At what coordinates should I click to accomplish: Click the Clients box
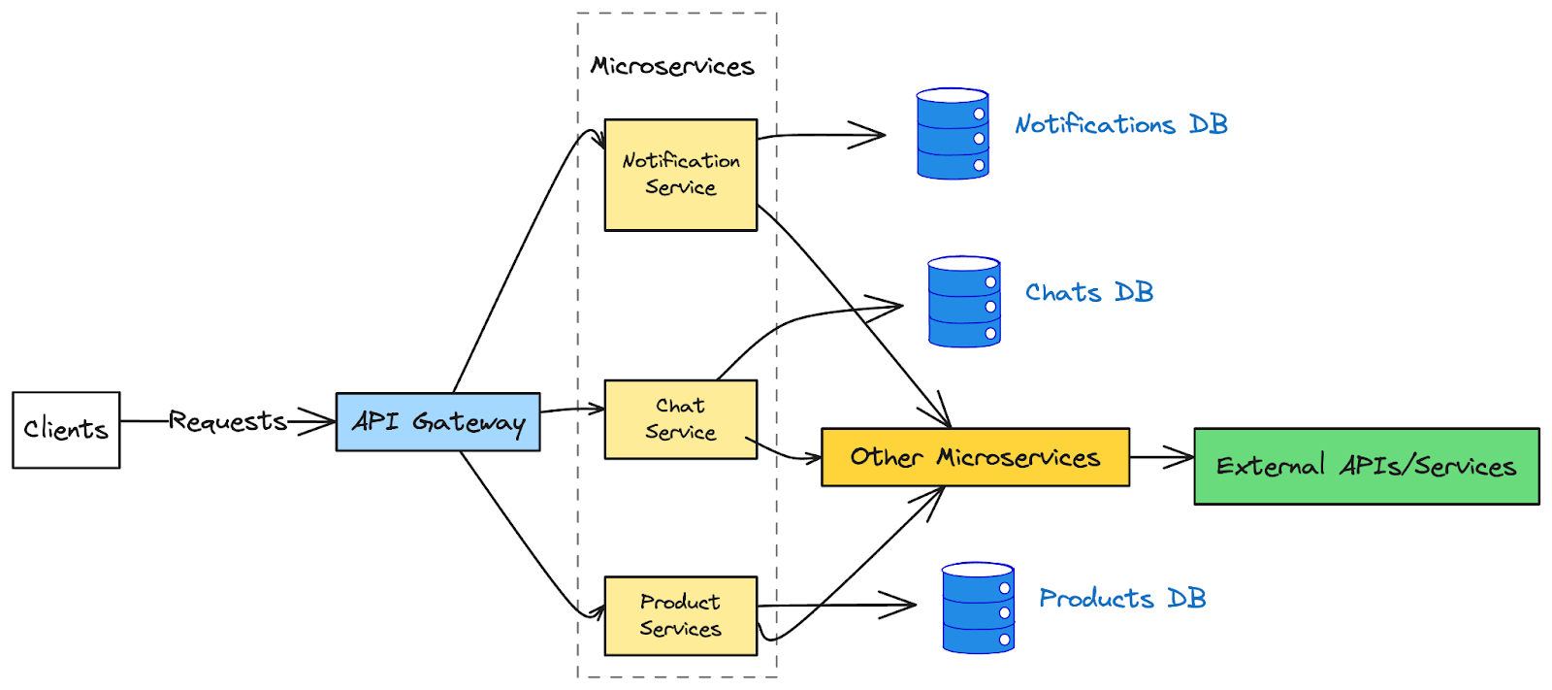66,430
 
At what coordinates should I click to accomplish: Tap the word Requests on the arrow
228,421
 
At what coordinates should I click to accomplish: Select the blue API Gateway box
437,422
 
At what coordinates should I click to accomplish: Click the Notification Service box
680,175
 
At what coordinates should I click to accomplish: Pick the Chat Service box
680,419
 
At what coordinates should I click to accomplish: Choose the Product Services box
680,616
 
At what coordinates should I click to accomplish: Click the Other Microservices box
975,457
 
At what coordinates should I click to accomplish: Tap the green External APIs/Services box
1366,467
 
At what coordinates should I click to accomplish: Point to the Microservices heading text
672,66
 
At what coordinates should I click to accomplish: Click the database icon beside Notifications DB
953,134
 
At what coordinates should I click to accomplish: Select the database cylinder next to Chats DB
964,302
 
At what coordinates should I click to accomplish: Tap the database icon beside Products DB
978,608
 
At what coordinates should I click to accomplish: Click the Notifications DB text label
1121,125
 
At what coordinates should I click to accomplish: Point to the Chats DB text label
1089,293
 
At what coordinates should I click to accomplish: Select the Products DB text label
1122,599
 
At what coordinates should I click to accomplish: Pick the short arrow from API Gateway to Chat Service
572,410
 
